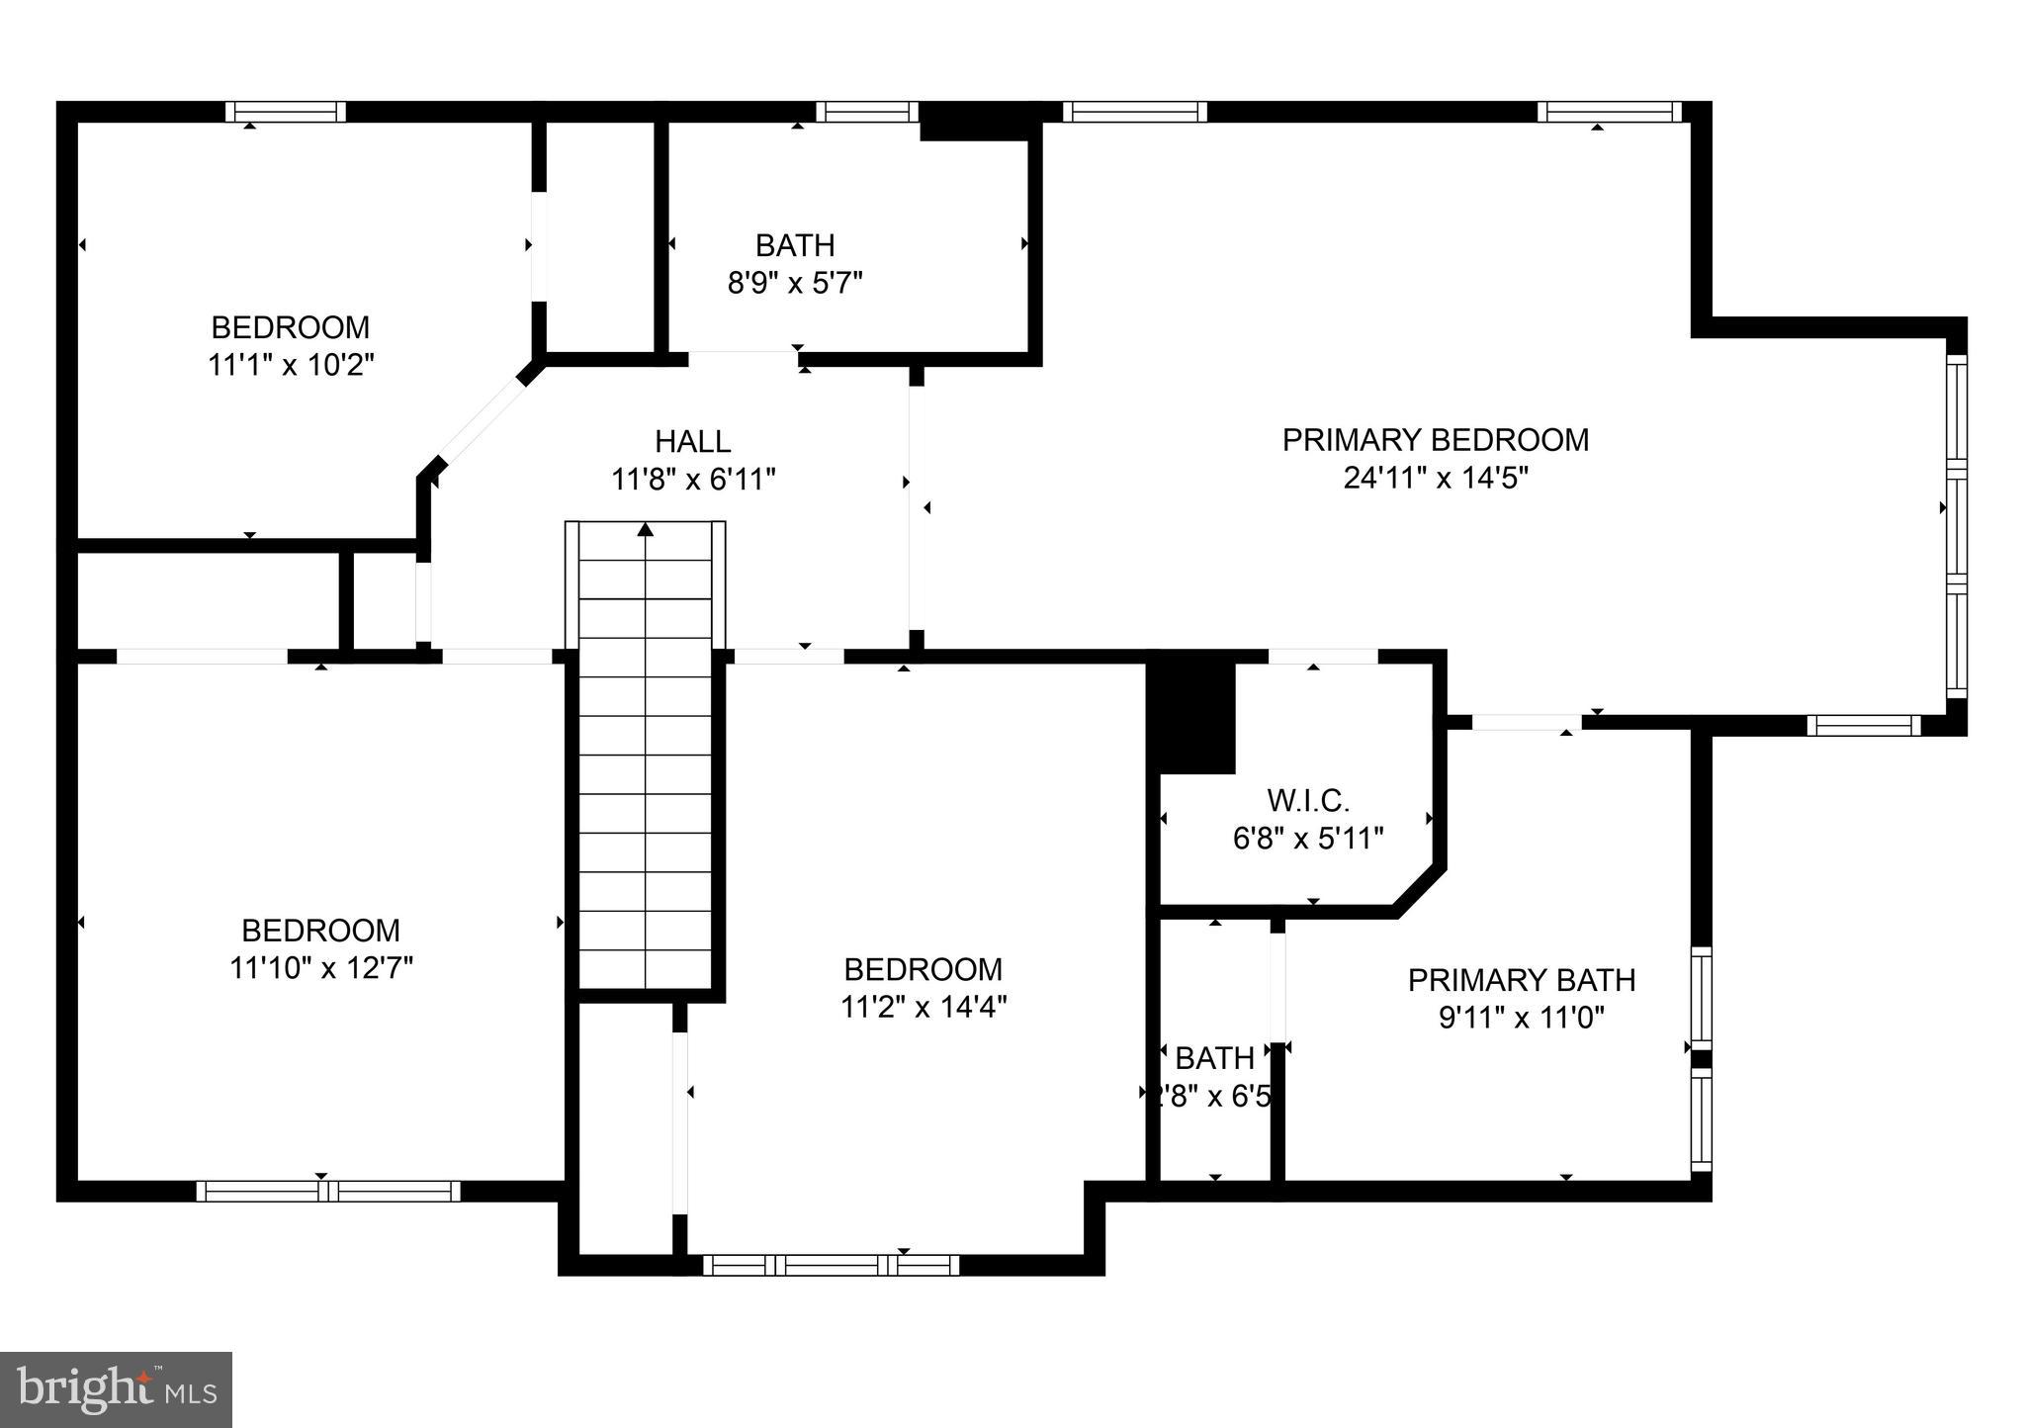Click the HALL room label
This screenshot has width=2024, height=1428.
point(692,441)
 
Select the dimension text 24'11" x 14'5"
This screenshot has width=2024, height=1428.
point(1435,479)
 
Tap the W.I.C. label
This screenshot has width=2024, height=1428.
point(1307,800)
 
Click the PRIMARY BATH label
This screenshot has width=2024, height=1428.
point(1521,980)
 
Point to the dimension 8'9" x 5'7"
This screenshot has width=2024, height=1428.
point(795,284)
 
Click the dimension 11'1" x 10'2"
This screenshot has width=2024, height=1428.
point(291,365)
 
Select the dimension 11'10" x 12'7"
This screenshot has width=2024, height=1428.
point(320,968)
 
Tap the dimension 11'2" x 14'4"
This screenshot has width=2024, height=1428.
point(923,1007)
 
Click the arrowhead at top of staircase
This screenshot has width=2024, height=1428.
point(646,529)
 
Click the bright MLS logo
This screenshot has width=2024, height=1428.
point(116,1389)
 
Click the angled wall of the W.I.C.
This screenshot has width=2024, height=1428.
point(1420,887)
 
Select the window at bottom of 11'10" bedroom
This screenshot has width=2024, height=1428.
point(328,1191)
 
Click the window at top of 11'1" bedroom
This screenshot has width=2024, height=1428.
point(286,112)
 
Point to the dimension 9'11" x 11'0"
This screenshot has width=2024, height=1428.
point(1521,1018)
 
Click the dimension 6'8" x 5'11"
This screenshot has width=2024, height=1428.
point(1307,839)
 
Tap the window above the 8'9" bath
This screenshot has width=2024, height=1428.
point(867,112)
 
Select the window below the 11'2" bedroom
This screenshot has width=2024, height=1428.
point(832,1265)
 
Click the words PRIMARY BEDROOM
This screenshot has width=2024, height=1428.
point(1435,440)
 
